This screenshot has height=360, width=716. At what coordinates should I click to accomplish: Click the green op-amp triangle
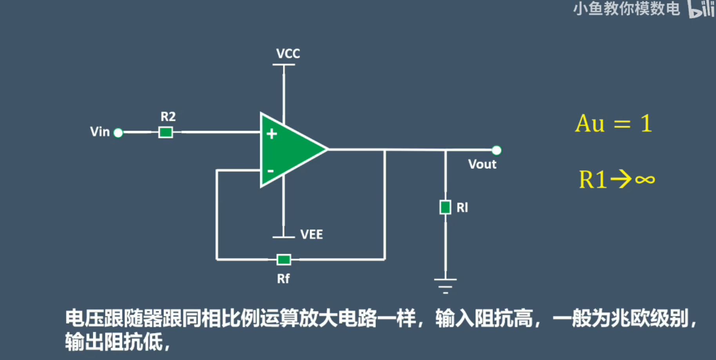click(x=290, y=150)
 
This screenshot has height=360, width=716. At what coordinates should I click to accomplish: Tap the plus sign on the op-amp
click(x=272, y=134)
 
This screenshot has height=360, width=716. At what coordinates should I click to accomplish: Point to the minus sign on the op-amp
click(x=270, y=171)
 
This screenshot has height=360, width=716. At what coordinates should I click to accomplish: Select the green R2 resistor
click(x=166, y=132)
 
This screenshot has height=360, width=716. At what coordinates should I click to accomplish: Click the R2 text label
click(x=168, y=116)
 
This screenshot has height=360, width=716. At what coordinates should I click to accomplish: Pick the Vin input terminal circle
click(x=118, y=133)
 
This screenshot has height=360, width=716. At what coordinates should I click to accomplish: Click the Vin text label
click(x=100, y=132)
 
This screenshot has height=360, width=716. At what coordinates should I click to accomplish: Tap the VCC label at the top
click(x=288, y=53)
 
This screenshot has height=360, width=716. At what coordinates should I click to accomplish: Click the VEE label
click(x=312, y=235)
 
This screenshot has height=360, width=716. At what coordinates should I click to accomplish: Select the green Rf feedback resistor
click(x=284, y=260)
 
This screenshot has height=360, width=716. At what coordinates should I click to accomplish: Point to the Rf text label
click(x=283, y=279)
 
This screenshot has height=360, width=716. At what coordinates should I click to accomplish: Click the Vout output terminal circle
click(x=497, y=150)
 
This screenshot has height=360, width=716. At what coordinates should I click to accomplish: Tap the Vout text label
click(x=482, y=164)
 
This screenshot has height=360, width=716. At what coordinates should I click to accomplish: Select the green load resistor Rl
click(x=445, y=207)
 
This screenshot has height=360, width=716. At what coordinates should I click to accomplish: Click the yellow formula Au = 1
click(x=613, y=124)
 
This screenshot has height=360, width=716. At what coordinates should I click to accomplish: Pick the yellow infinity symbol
click(x=645, y=180)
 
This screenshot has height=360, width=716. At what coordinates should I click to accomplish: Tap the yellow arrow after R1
click(x=621, y=180)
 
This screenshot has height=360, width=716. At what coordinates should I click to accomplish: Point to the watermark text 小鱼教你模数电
click(x=626, y=9)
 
